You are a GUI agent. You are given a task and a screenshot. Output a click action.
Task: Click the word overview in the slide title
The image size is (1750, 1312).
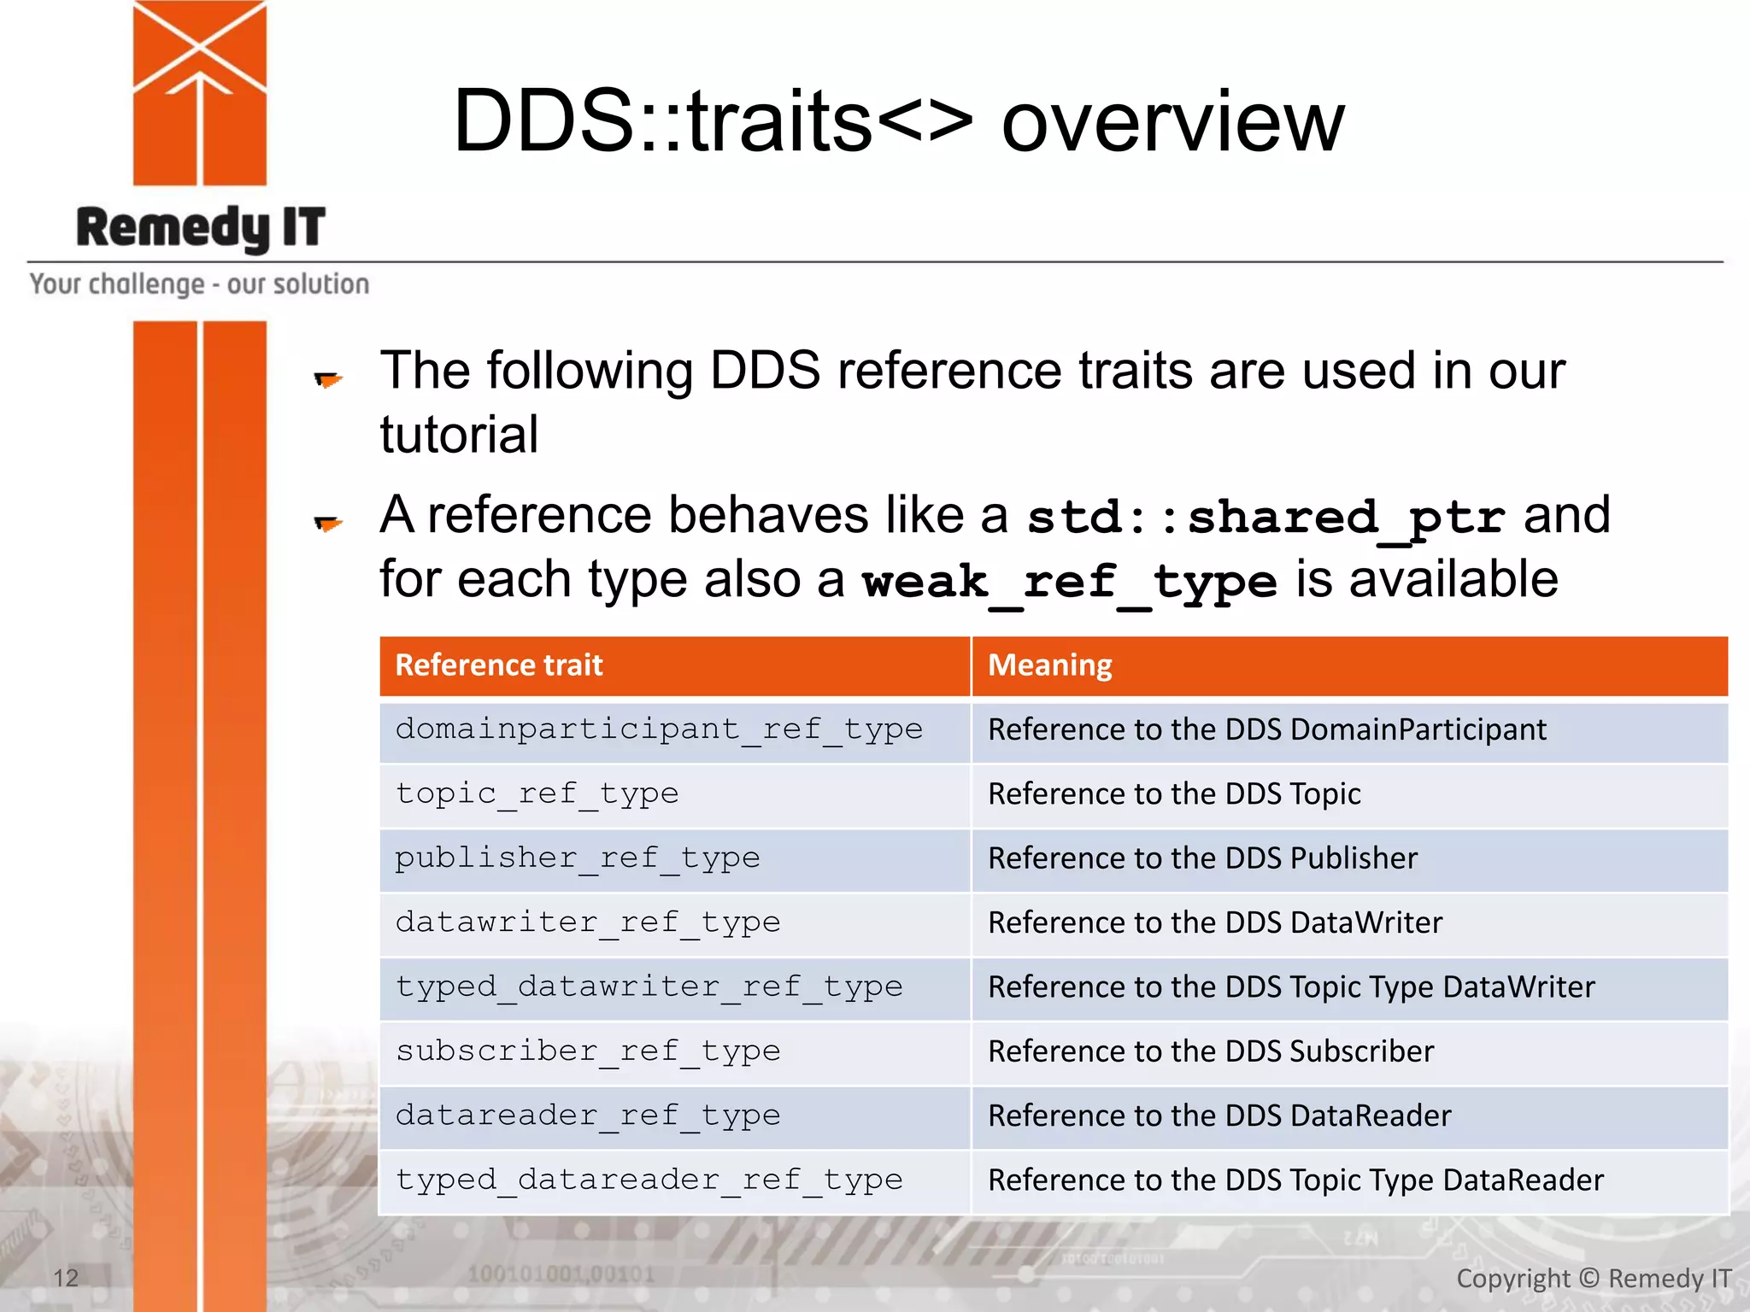point(1172,122)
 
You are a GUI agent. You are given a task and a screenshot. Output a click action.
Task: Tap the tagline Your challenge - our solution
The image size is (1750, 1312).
point(199,284)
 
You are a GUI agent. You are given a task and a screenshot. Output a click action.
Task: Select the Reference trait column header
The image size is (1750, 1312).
point(499,665)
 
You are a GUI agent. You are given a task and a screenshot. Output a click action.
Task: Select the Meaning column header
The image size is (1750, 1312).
point(1049,665)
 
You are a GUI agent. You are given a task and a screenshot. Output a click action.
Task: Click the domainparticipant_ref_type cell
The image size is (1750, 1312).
point(658,730)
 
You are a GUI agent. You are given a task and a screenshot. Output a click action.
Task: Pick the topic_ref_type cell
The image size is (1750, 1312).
point(537,794)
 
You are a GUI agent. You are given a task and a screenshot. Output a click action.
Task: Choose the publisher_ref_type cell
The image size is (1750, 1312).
point(577,858)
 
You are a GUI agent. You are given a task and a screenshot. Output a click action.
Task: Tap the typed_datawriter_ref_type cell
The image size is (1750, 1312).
point(649,987)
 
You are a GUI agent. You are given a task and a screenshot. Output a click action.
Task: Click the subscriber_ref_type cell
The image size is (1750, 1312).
point(588,1051)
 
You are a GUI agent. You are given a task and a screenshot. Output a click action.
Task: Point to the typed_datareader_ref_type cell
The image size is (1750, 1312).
point(649,1180)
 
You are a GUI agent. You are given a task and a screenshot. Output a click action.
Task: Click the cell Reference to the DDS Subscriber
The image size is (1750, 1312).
point(1210,1051)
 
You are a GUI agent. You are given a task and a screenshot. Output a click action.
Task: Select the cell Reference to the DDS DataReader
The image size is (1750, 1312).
point(1219,1116)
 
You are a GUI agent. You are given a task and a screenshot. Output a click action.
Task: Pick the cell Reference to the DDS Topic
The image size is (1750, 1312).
point(1173,794)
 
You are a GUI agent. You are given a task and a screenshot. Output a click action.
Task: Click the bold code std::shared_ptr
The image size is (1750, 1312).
point(1265,518)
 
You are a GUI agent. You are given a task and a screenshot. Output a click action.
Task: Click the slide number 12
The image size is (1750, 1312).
point(66,1278)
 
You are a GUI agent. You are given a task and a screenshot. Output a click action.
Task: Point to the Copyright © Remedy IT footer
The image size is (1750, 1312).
point(1593,1279)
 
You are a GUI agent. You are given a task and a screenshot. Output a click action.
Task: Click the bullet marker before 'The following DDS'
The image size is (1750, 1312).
point(327,379)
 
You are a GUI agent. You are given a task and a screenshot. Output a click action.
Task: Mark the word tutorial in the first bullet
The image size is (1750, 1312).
point(459,435)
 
